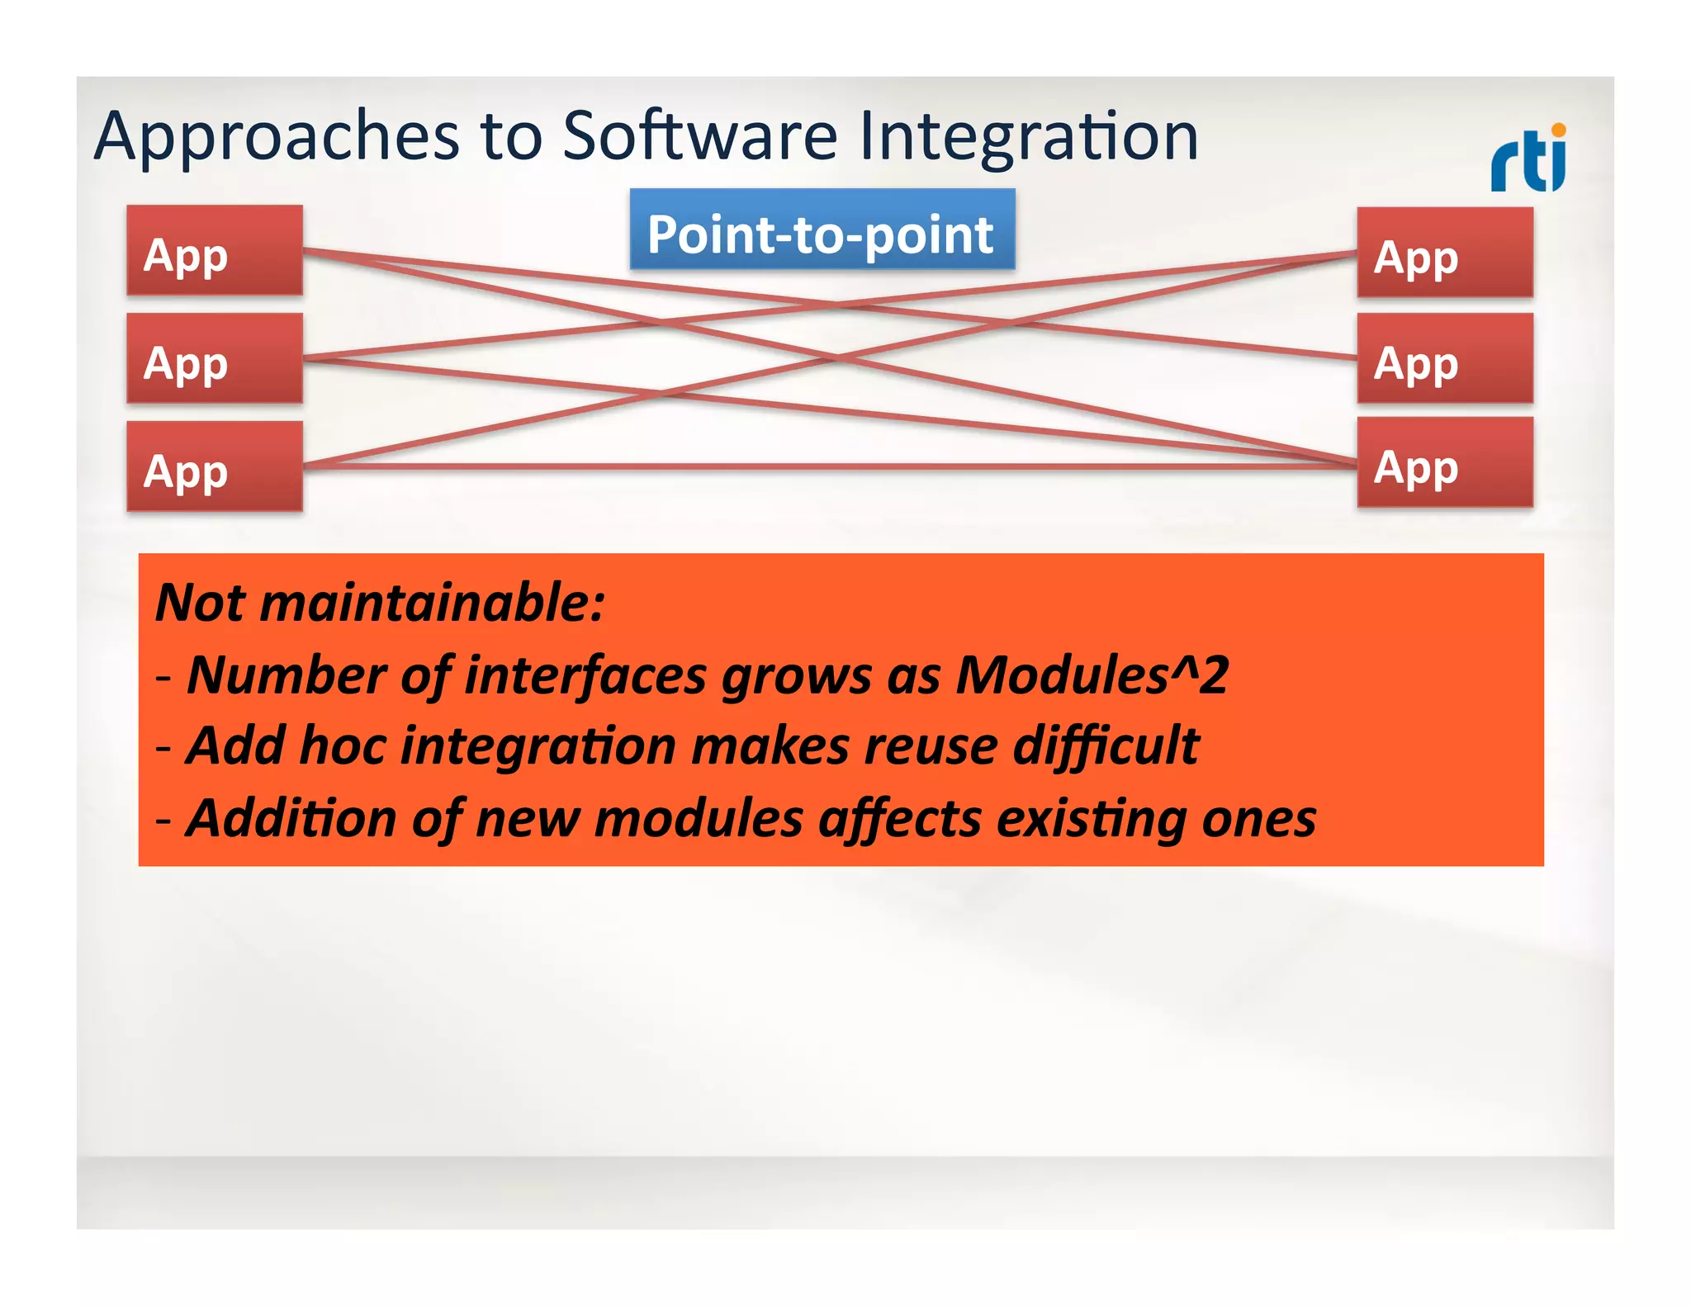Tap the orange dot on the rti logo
(1558, 130)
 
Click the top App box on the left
(215, 251)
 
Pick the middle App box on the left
(215, 358)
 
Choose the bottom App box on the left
(215, 466)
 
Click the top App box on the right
(1444, 253)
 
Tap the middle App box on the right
(1444, 358)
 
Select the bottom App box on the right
(1444, 462)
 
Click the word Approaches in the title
(277, 136)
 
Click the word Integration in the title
(1028, 136)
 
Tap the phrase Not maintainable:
(380, 602)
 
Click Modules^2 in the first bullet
(1092, 674)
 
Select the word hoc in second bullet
(343, 745)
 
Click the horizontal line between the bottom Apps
(826, 466)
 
